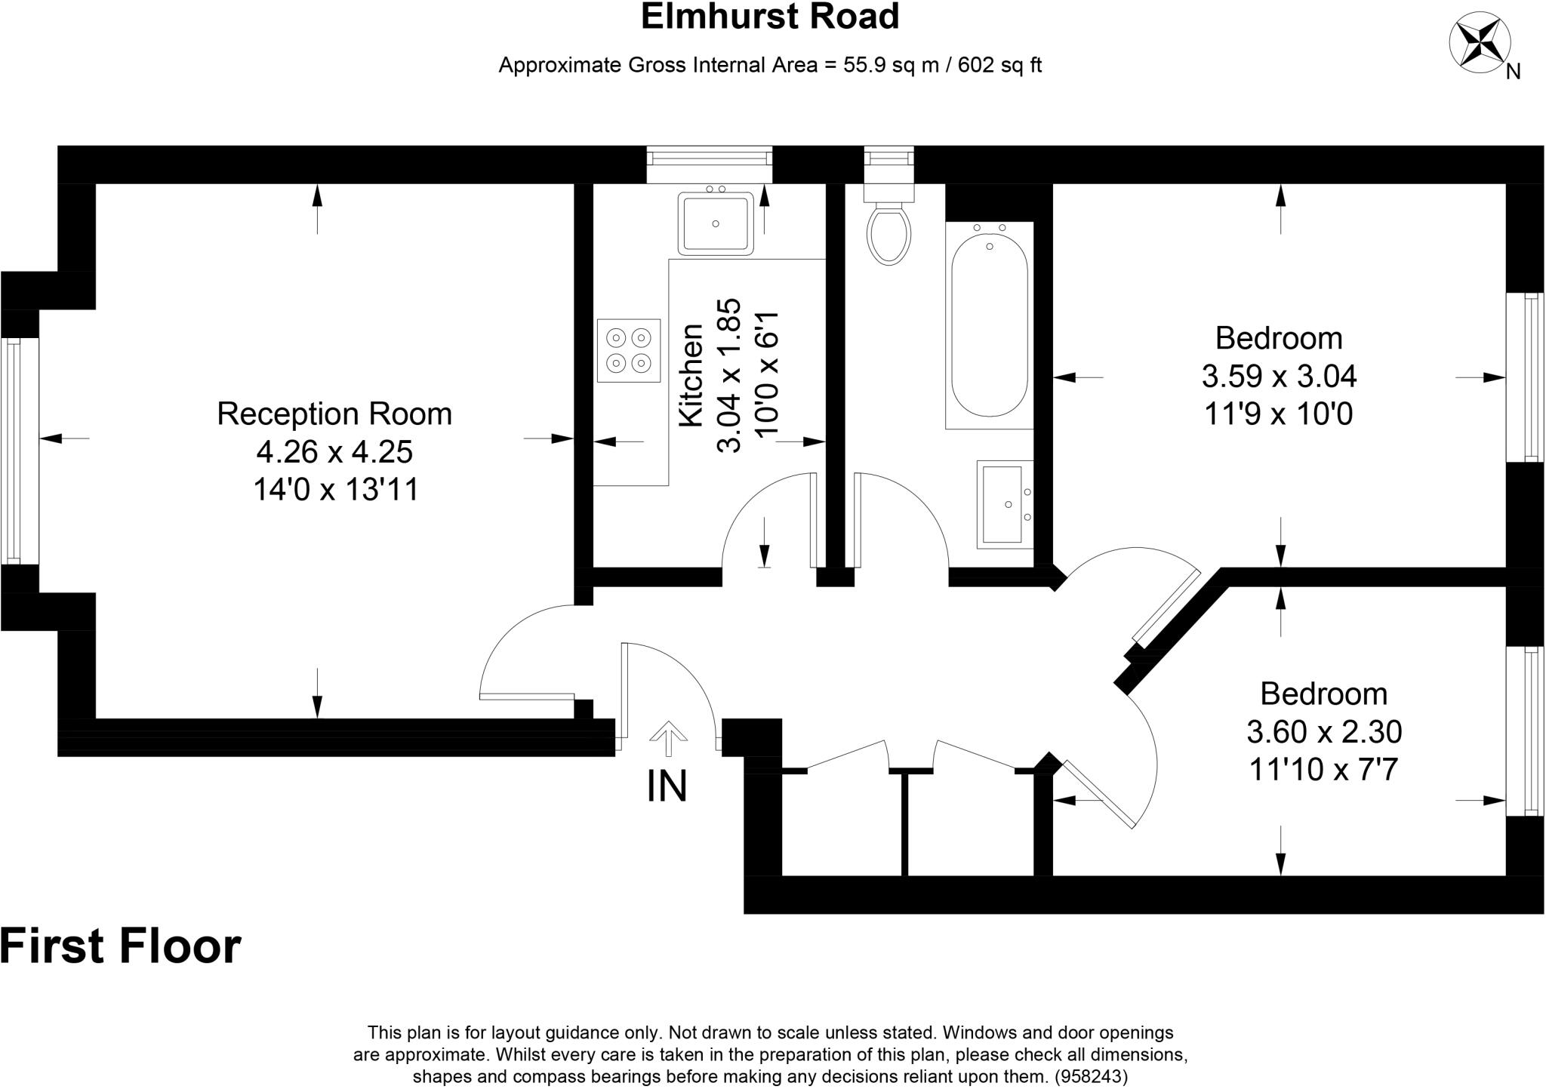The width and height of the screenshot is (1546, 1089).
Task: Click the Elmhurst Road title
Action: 770,17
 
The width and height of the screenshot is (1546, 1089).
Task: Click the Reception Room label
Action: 334,414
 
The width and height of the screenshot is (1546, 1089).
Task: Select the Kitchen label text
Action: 691,376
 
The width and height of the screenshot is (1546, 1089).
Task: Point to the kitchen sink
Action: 716,223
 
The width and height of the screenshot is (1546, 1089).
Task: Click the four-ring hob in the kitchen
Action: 629,350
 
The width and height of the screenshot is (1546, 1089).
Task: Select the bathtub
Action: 989,326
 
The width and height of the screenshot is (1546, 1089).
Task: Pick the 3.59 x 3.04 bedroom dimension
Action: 1279,376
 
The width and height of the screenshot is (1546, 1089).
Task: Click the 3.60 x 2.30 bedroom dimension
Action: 1324,731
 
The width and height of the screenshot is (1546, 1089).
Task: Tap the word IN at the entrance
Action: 667,786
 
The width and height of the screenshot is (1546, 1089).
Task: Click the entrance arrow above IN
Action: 668,738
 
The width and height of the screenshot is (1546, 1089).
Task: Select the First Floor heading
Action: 121,946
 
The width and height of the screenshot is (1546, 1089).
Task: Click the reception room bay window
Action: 11,451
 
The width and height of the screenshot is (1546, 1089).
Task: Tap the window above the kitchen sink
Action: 710,158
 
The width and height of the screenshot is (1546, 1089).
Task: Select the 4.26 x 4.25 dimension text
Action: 334,452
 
